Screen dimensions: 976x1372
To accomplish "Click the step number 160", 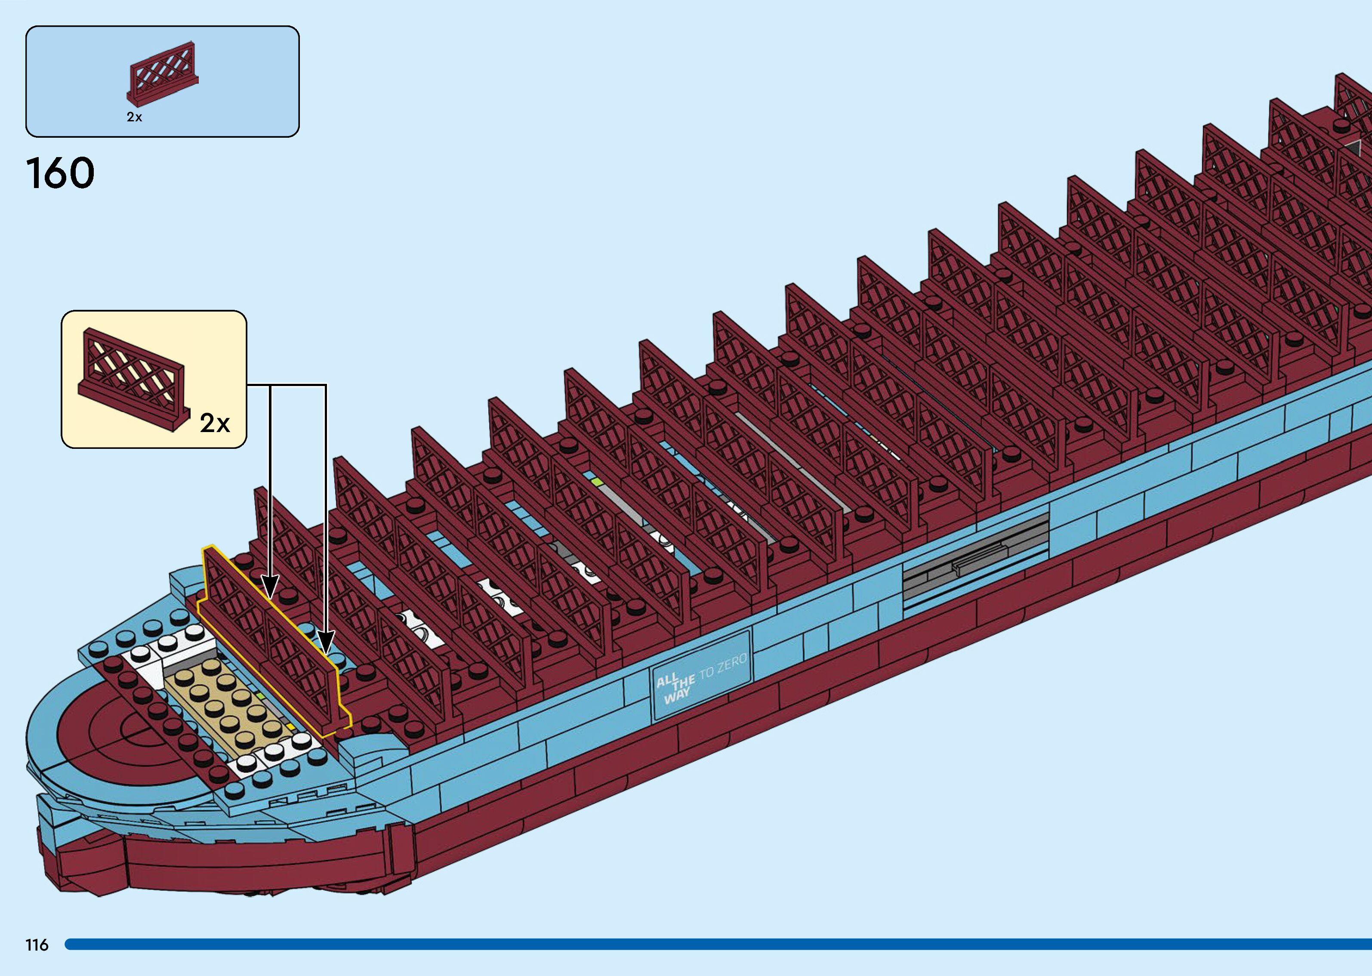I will (x=60, y=173).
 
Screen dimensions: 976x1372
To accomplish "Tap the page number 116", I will (x=37, y=945).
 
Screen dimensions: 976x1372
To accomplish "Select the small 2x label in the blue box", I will (x=134, y=117).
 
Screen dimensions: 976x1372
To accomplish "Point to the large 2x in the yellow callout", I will (x=214, y=423).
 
